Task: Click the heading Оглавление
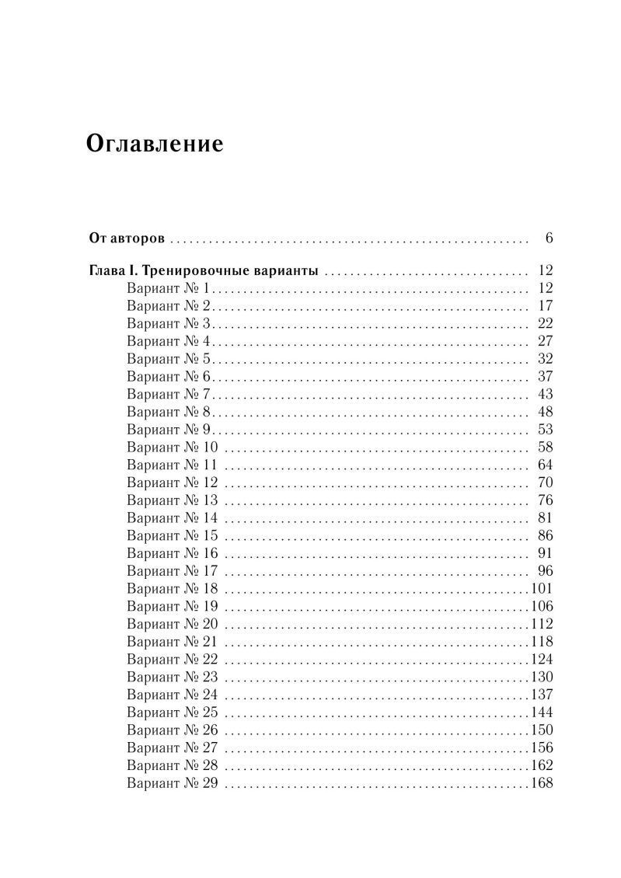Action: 155,145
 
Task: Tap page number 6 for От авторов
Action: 548,238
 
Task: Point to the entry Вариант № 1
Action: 167,289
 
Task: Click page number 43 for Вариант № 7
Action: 544,394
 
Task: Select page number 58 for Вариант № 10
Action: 544,448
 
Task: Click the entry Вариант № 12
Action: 172,483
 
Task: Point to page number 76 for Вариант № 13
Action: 544,500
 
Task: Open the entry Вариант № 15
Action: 172,535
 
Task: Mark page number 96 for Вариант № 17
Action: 544,571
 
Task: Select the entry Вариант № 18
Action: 172,588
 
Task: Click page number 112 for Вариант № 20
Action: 541,624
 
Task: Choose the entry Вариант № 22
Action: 172,659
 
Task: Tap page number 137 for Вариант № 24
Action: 541,695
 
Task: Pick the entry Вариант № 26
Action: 172,730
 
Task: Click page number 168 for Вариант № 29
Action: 541,783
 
